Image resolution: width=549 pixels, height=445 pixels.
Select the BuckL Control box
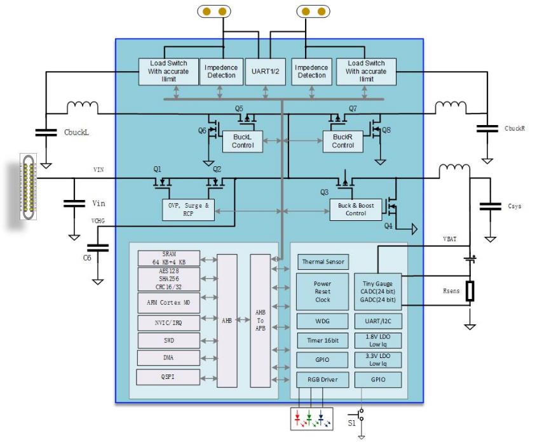tap(243, 142)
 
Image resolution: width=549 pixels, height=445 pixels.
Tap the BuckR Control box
tap(343, 142)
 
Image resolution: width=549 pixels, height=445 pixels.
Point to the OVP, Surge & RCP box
tap(189, 209)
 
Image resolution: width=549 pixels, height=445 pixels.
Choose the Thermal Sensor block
tap(323, 262)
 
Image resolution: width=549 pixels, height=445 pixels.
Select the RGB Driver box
tap(323, 380)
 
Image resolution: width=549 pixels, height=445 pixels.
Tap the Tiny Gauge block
tap(378, 291)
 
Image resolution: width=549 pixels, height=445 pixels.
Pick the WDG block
tap(323, 320)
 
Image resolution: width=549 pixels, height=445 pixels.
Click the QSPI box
tap(168, 376)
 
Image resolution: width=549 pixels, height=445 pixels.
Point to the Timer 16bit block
tap(323, 340)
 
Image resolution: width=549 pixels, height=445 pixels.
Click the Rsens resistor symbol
tap(470, 291)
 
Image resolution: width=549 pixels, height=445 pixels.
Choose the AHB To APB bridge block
tap(260, 321)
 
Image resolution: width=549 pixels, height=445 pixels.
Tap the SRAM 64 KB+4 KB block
tap(168, 258)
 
